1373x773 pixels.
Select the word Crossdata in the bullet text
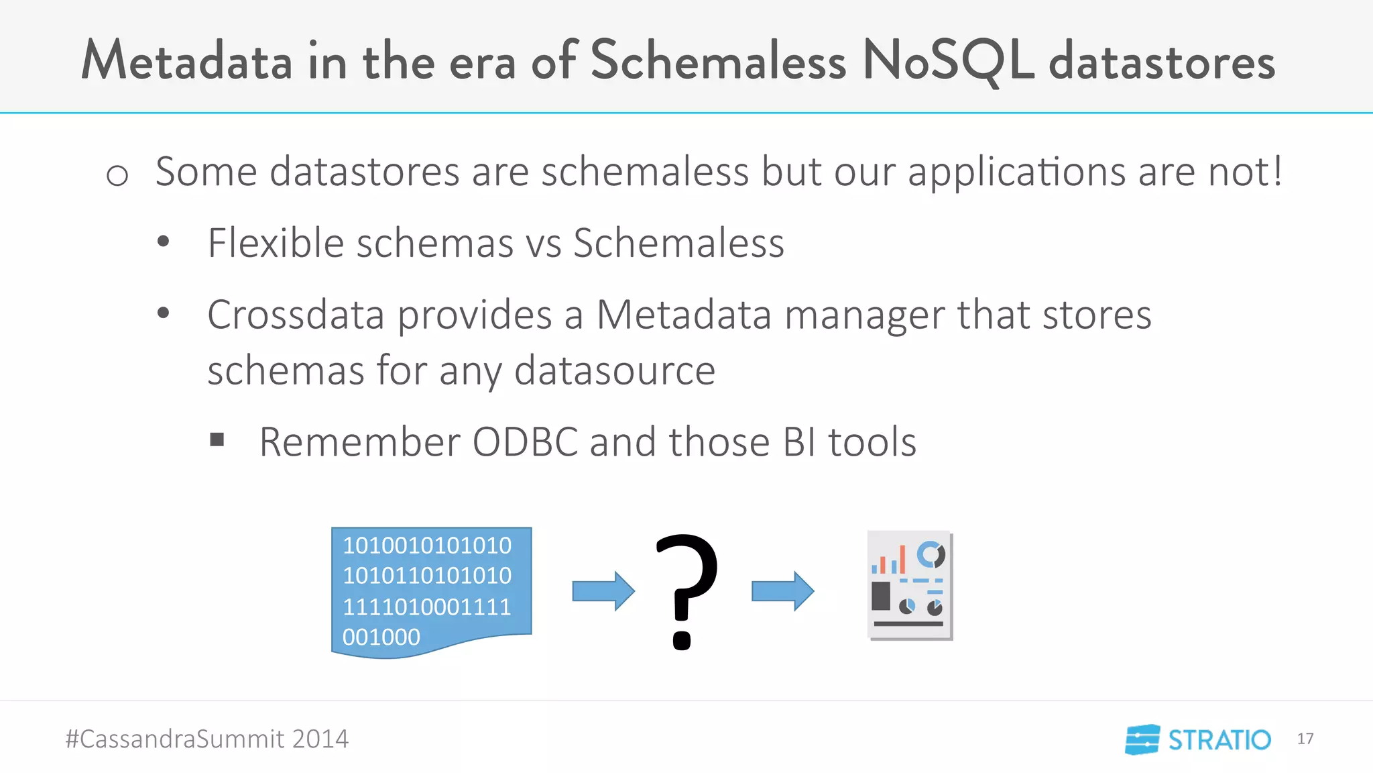pos(295,314)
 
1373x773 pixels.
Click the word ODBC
pos(525,442)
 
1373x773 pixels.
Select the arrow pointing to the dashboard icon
pos(782,591)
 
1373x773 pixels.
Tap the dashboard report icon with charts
pos(910,585)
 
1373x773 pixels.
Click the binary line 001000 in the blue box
pos(381,637)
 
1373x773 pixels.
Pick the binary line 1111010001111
pos(426,607)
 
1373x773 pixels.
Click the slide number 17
pos(1305,739)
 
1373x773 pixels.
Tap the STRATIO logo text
pos(1219,740)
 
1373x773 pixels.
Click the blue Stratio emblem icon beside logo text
pos(1142,739)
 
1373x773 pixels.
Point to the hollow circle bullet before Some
pos(117,176)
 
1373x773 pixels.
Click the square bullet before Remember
pos(217,440)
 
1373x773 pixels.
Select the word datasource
pos(614,370)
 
